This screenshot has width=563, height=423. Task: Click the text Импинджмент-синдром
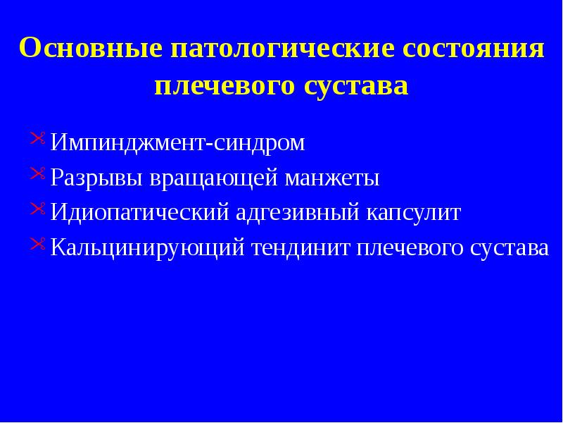click(x=178, y=143)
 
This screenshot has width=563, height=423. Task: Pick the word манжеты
click(x=332, y=178)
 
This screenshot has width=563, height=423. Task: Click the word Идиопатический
click(x=135, y=212)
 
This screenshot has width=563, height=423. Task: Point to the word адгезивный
click(x=293, y=212)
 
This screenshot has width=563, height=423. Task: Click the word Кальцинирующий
click(x=146, y=247)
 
